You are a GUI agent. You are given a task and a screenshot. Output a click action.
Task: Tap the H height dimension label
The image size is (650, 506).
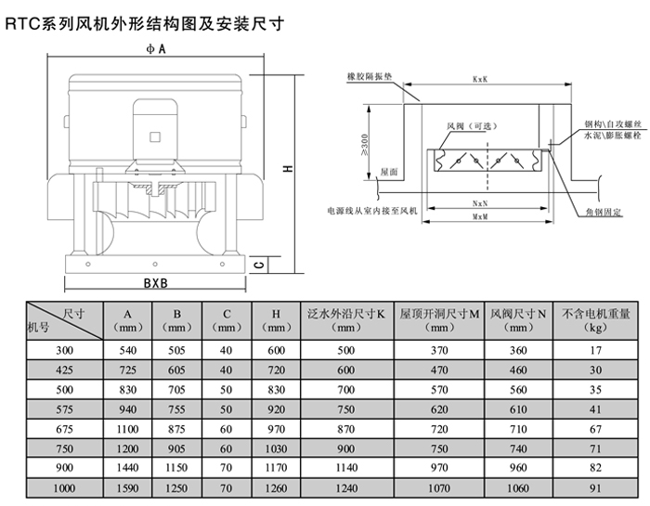(290, 169)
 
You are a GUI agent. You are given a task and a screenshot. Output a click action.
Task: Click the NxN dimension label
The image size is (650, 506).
(480, 202)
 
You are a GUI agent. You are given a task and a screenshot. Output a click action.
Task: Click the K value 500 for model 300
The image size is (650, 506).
(346, 349)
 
